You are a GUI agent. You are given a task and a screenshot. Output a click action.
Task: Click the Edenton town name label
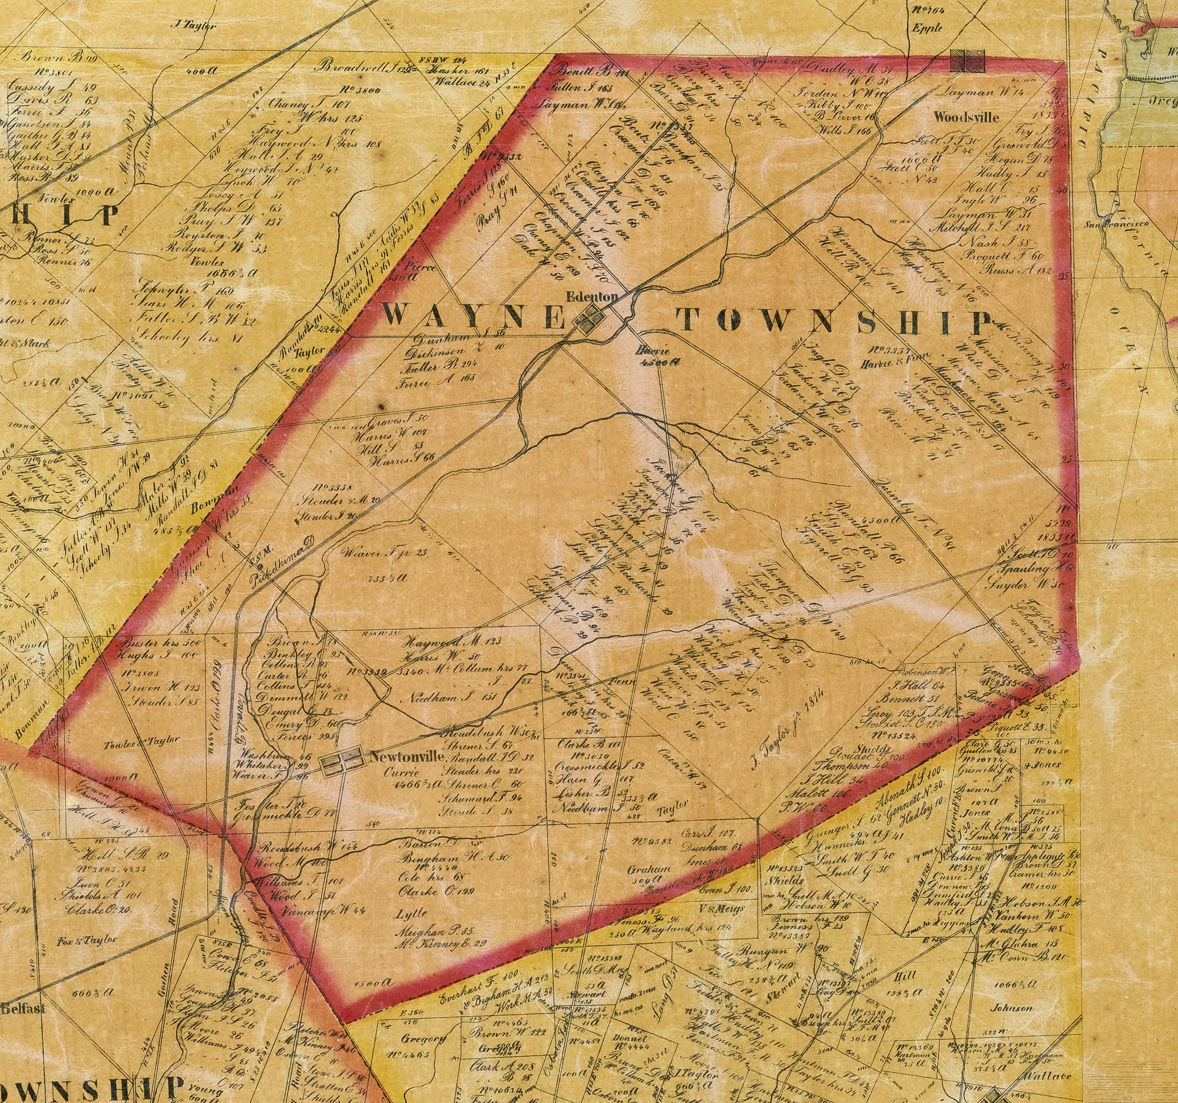coord(592,297)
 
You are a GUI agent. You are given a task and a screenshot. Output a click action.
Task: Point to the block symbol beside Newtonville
coord(341,761)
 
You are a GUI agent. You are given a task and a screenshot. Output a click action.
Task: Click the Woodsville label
coord(966,117)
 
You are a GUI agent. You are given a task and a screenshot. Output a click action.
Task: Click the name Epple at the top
coord(927,28)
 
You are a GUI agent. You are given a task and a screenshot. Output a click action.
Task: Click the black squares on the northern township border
coord(967,61)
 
